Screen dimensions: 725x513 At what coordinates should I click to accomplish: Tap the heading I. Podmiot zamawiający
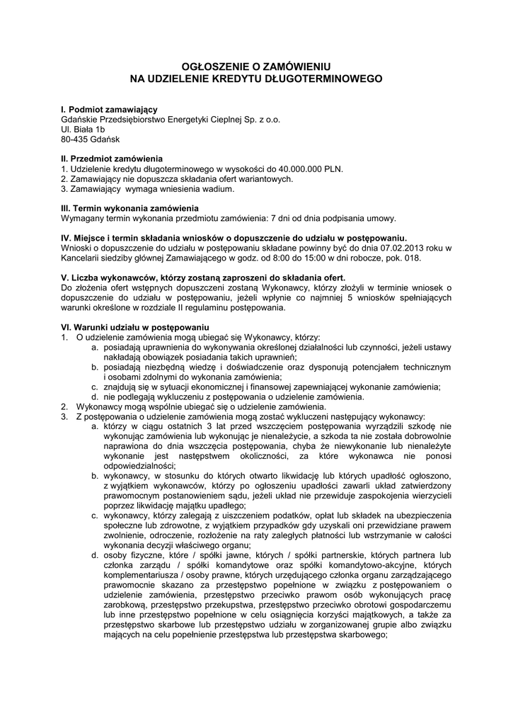(109, 110)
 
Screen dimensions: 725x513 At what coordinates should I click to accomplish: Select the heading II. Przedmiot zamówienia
(112, 159)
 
